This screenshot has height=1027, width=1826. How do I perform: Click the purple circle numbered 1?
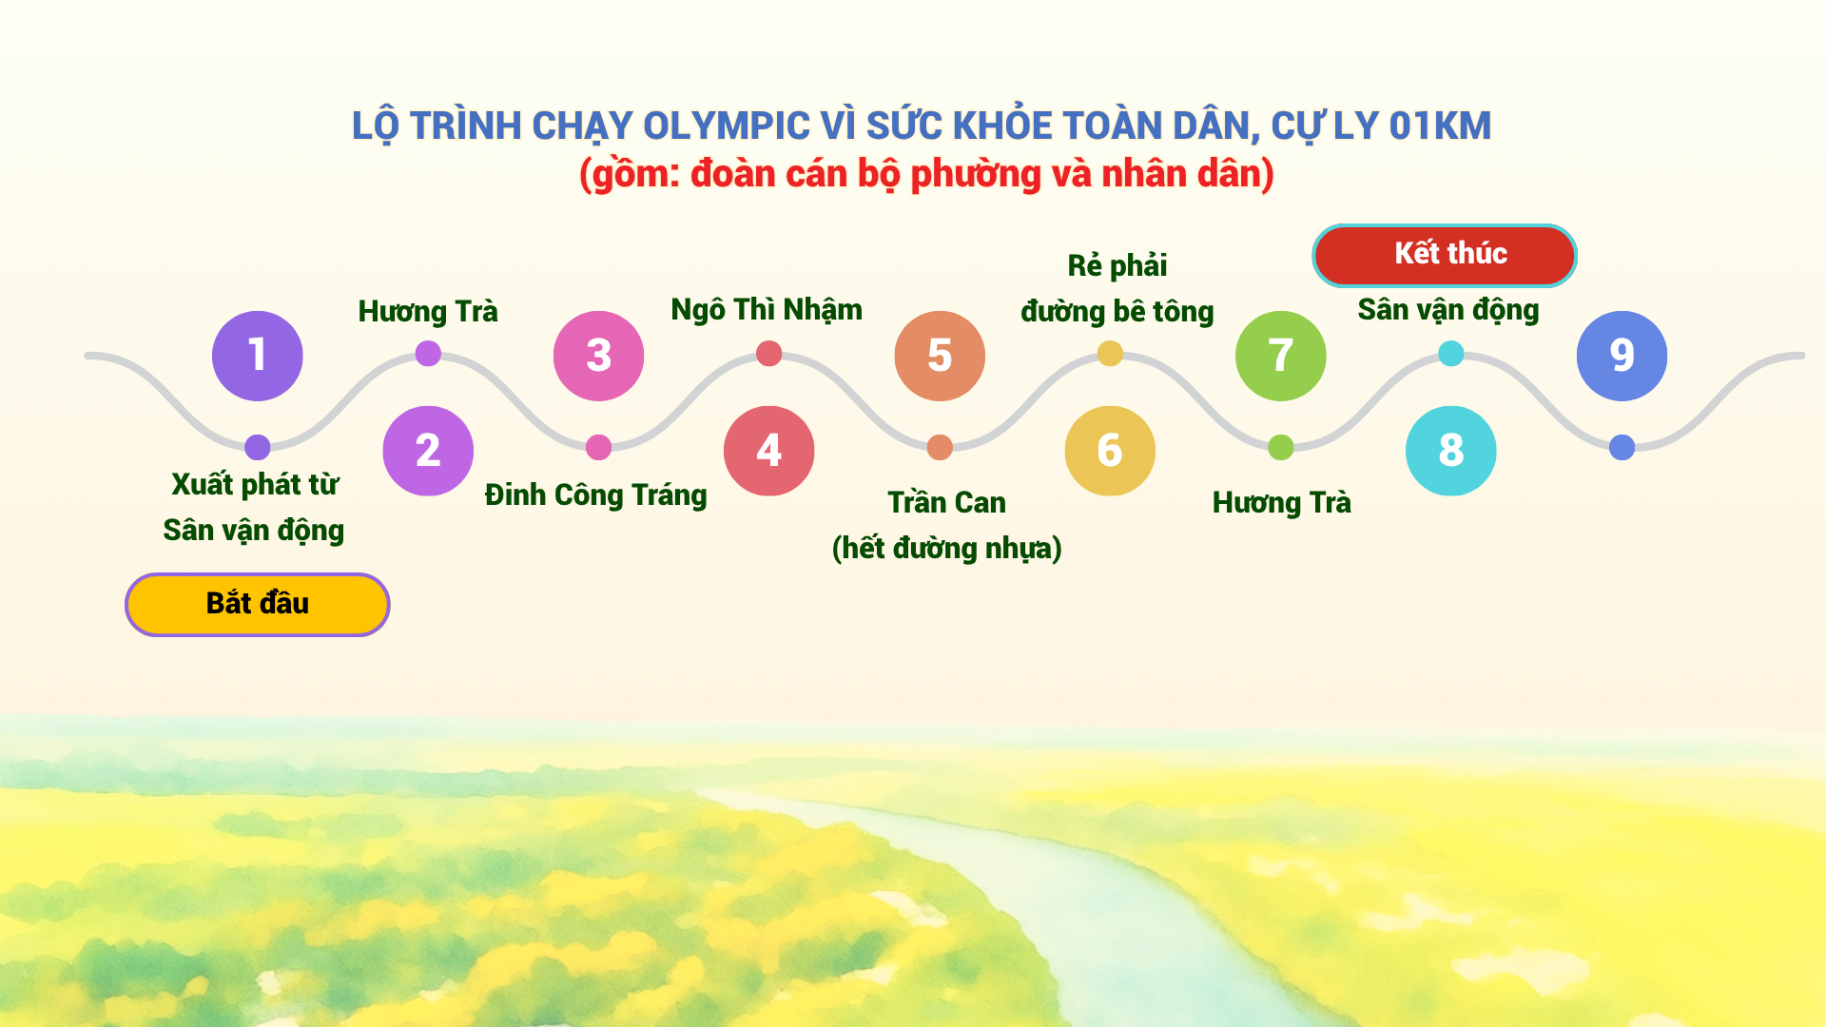tap(257, 356)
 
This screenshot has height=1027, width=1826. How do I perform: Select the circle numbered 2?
tap(428, 451)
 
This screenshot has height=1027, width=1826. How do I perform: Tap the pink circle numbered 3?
tap(598, 356)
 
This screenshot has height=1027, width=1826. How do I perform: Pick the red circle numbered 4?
tap(768, 451)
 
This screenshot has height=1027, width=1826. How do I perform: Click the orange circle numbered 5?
tap(940, 356)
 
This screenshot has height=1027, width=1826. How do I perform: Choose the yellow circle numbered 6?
tap(1110, 451)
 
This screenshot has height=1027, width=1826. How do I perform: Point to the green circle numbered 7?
tap(1280, 356)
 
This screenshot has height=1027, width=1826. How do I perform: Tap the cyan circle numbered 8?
tap(1450, 451)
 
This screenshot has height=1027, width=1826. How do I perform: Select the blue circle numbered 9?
tap(1622, 356)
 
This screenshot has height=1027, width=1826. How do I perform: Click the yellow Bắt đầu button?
tap(257, 604)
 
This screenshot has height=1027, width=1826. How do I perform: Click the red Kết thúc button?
tap(1445, 255)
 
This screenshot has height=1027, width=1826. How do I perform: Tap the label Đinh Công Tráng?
tap(596, 495)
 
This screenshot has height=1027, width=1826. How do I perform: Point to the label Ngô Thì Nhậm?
tap(767, 310)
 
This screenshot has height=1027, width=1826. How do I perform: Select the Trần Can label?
tap(946, 502)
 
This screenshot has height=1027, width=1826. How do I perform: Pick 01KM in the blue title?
tap(1440, 126)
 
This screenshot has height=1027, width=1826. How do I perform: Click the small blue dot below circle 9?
tap(1622, 447)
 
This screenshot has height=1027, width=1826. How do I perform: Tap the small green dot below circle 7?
tap(1280, 447)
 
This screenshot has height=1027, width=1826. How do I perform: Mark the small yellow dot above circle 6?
tap(1110, 354)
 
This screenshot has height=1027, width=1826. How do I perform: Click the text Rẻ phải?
tap(1117, 266)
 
